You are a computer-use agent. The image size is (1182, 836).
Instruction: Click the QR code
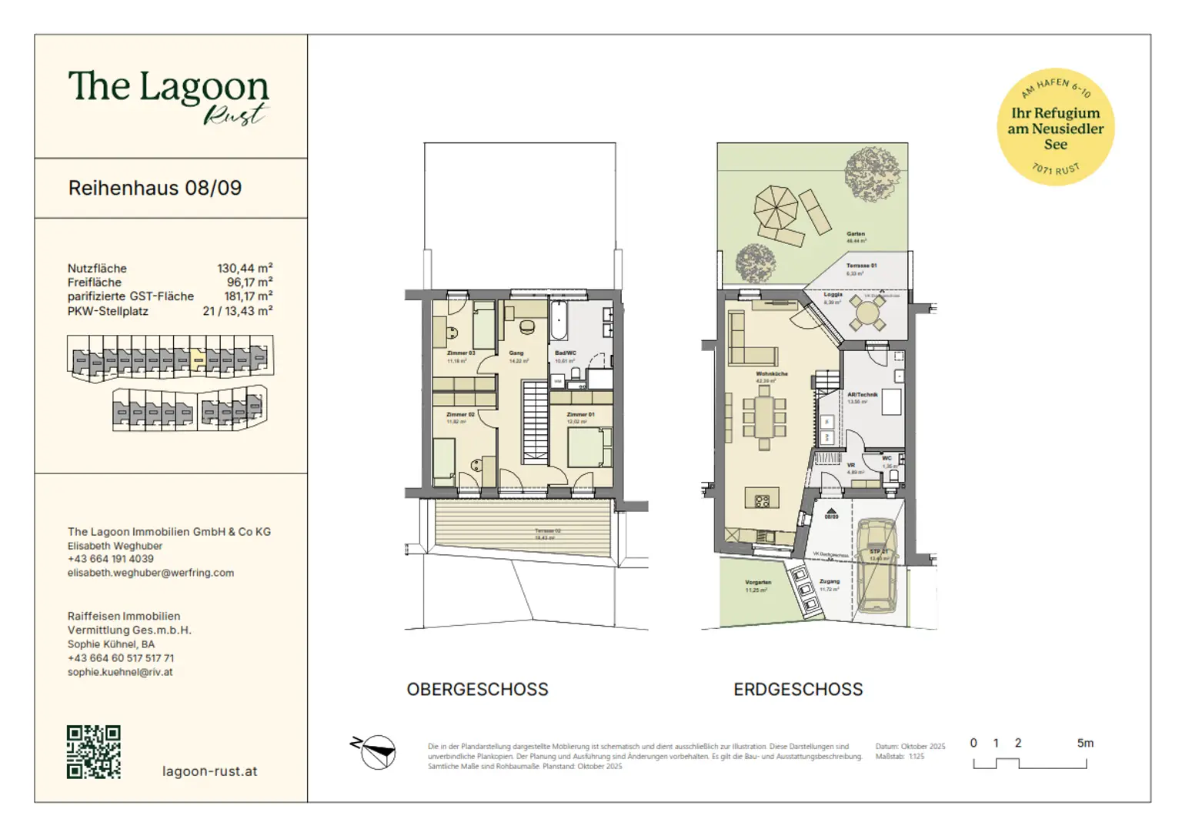tap(93, 751)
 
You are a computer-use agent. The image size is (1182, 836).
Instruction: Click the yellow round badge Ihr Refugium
tap(1055, 127)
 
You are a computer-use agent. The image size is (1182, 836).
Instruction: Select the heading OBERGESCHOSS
tap(477, 689)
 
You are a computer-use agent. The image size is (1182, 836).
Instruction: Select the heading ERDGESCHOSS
tap(798, 689)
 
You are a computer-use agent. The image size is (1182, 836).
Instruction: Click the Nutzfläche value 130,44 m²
tap(245, 268)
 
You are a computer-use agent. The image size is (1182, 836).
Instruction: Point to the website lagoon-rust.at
tap(209, 771)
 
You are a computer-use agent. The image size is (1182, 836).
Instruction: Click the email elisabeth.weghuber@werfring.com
tap(151, 573)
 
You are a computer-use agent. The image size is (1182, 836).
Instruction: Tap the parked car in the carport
tap(877, 566)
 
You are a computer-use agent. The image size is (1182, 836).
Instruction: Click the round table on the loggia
tap(867, 313)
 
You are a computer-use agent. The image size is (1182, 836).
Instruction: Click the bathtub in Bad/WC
tap(559, 320)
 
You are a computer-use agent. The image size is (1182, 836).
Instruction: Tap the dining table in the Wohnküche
tap(763, 418)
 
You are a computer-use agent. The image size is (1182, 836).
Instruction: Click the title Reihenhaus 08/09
tap(155, 188)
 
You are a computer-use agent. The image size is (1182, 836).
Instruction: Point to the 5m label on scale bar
tap(1084, 743)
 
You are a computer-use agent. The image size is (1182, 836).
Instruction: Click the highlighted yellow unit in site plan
tap(198, 359)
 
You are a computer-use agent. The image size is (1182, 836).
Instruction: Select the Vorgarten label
tap(758, 582)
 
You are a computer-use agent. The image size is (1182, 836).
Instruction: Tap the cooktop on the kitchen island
tap(762, 501)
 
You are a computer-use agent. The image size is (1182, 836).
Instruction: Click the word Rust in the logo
tap(234, 115)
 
